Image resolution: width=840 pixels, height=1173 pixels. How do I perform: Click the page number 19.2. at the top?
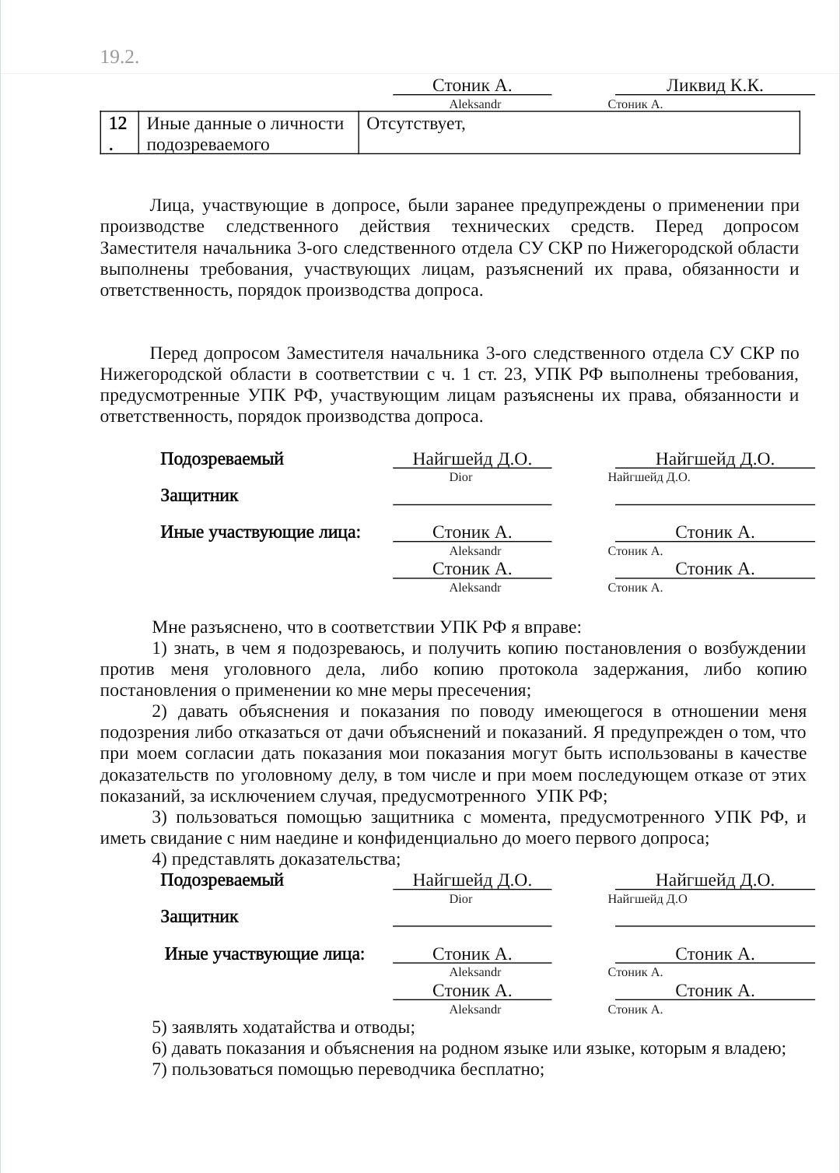pyautogui.click(x=120, y=57)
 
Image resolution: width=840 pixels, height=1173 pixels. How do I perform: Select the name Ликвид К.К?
pyautogui.click(x=714, y=86)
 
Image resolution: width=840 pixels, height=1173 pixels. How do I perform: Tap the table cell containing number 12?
pyautogui.click(x=118, y=132)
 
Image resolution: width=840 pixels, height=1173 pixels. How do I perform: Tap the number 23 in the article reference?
pyautogui.click(x=513, y=374)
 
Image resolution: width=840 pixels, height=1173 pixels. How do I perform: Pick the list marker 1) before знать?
pyautogui.click(x=160, y=648)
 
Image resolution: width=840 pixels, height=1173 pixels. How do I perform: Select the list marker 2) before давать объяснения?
pyautogui.click(x=160, y=711)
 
